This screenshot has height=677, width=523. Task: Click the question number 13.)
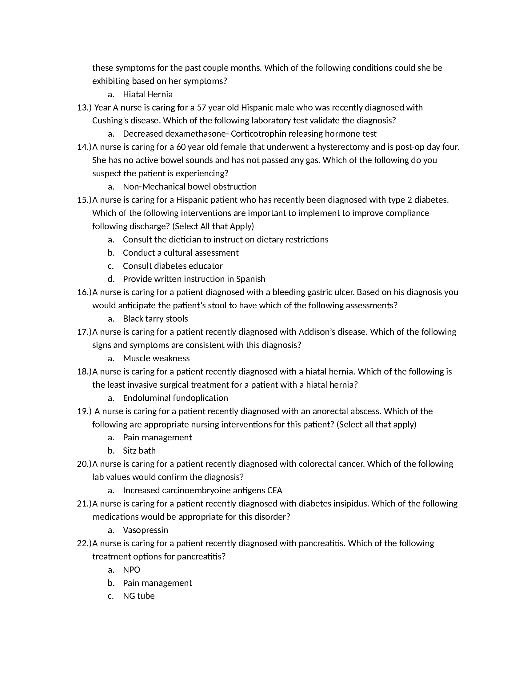(x=84, y=108)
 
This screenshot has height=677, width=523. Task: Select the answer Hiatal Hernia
(x=147, y=94)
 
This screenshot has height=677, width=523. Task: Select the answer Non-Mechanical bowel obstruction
(x=190, y=186)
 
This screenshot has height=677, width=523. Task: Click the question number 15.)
(x=84, y=200)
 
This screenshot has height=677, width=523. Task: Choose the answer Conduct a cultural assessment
(x=181, y=253)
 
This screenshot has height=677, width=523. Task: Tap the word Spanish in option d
(x=251, y=279)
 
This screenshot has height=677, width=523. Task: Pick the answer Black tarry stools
(x=155, y=319)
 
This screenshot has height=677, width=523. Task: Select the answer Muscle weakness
(x=156, y=358)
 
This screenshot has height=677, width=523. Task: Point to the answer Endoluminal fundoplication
(x=175, y=398)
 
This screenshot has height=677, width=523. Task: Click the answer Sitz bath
(x=139, y=451)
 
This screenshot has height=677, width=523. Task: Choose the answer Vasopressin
(x=145, y=530)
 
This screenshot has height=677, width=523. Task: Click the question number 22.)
(x=84, y=543)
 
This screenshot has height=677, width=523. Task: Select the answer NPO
(x=131, y=570)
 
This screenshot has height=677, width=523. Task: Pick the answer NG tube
(x=138, y=596)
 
